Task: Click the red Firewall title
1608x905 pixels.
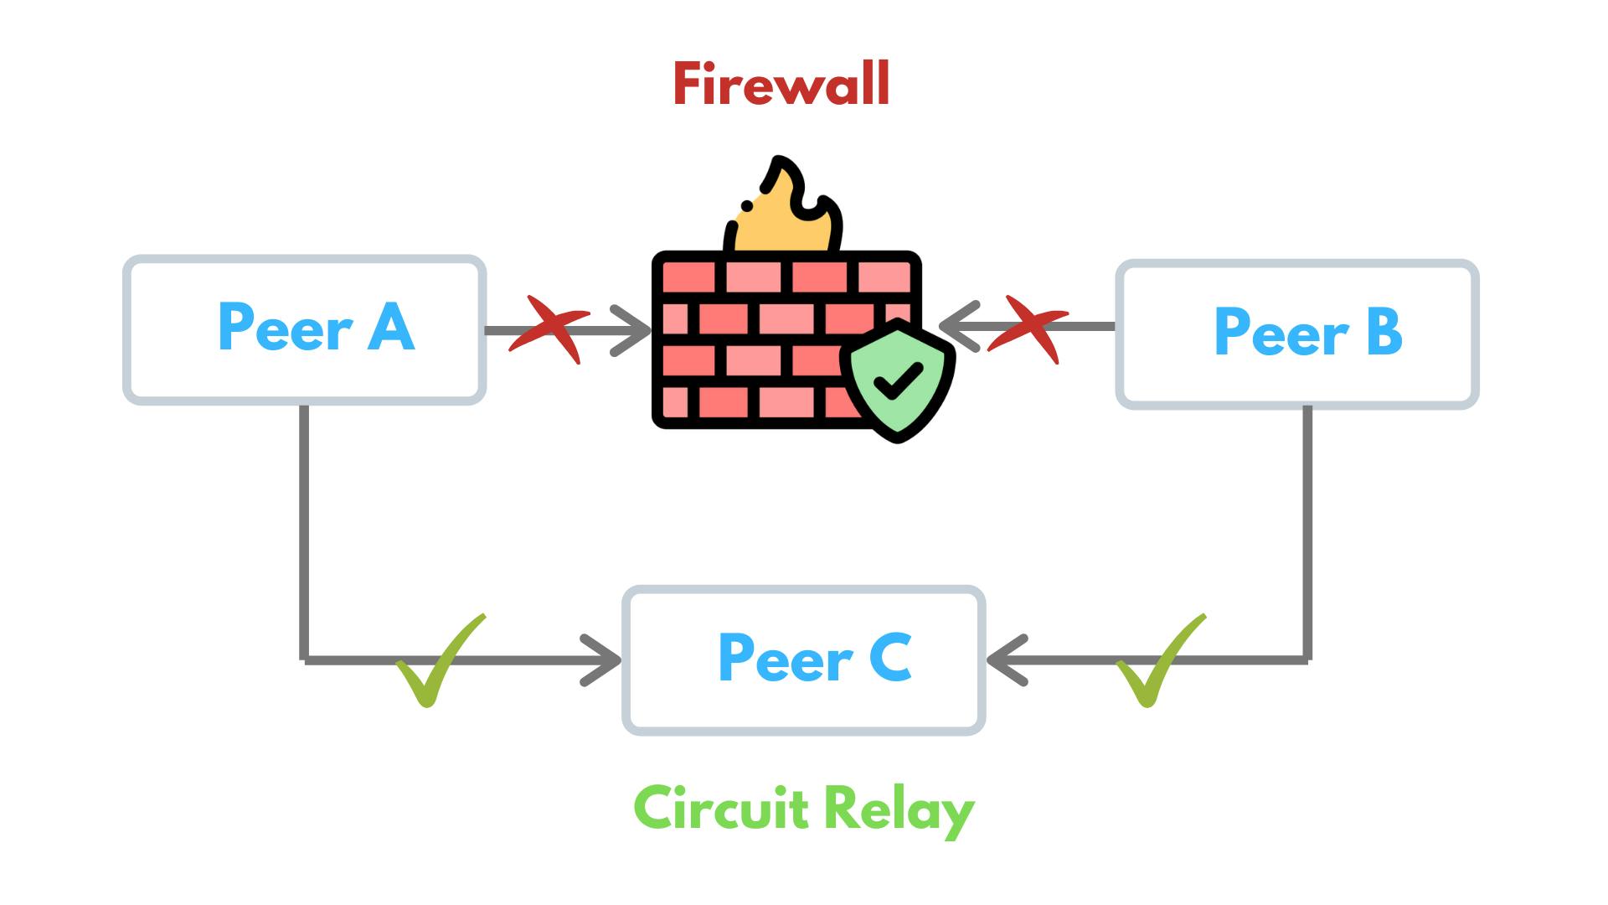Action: click(x=781, y=85)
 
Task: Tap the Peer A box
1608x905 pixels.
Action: click(x=305, y=329)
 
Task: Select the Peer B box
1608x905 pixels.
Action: click(x=1297, y=334)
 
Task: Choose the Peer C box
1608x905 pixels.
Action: click(x=803, y=660)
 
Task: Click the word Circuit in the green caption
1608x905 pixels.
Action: click(x=721, y=809)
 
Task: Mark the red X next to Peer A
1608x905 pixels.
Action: click(x=549, y=328)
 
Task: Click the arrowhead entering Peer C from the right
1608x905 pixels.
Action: click(x=1005, y=660)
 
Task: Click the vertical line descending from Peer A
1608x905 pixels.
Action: click(x=304, y=528)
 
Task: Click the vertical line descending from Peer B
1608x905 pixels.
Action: click(x=1307, y=528)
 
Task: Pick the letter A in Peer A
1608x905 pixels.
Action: click(x=391, y=327)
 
